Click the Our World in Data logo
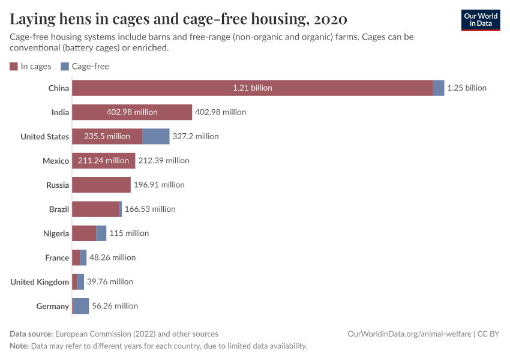tap(480, 20)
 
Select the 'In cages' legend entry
tap(31, 67)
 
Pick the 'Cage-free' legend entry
tap(85, 67)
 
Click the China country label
tap(59, 88)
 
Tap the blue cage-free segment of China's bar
tap(439, 88)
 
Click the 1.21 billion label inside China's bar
tap(253, 88)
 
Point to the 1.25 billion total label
tap(467, 88)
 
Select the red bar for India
tap(132, 112)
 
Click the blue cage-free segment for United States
tap(156, 136)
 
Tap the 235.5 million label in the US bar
tap(107, 136)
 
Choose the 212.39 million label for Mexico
tap(164, 161)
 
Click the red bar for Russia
tap(101, 185)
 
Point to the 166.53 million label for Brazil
tap(150, 209)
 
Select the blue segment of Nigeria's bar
tap(101, 233)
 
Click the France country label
tap(57, 258)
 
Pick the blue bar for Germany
tap(80, 306)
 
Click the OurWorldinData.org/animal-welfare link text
tap(410, 334)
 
